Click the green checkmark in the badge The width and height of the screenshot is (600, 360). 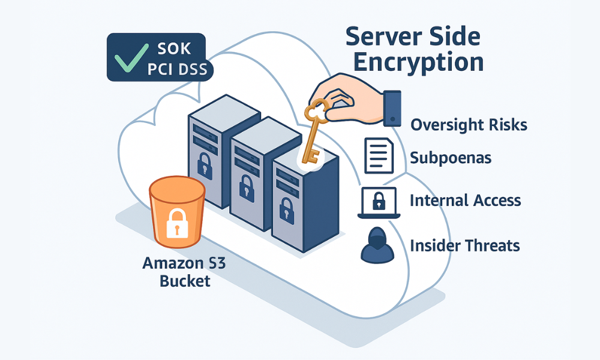(x=128, y=58)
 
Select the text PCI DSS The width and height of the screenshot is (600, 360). (x=177, y=69)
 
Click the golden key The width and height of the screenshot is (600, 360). (x=313, y=132)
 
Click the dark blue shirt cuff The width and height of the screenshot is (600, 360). (x=391, y=108)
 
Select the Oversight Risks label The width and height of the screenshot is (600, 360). (x=469, y=125)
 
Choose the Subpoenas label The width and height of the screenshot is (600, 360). (x=451, y=158)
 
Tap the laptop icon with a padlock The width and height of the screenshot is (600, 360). (x=378, y=203)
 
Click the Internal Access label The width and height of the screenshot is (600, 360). (x=465, y=200)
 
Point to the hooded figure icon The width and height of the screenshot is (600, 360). (x=377, y=245)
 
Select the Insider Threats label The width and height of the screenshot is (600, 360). (x=464, y=245)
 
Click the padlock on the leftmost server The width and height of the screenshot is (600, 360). (x=204, y=163)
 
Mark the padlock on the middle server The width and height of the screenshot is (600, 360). (x=246, y=187)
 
